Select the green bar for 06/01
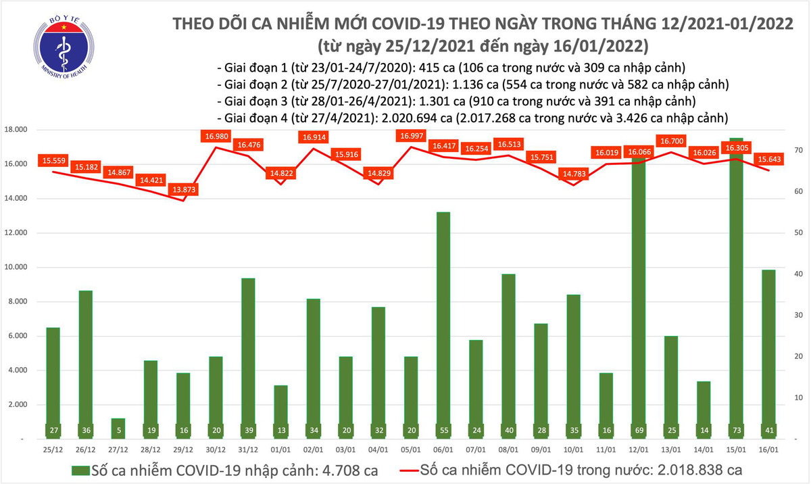coord(443,324)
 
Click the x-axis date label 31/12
coord(249,448)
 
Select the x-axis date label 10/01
coord(573,448)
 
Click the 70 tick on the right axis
coord(798,150)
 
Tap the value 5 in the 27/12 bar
coord(118,430)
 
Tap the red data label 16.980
coord(216,137)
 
